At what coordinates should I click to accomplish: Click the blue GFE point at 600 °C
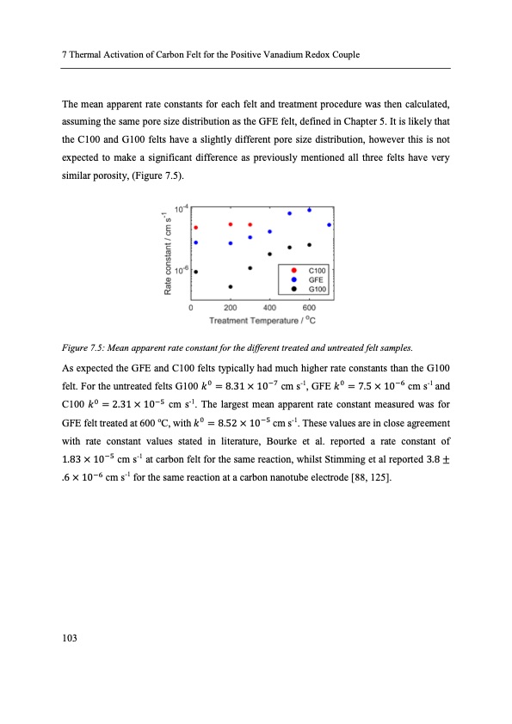pos(309,210)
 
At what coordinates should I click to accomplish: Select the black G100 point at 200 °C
pos(231,286)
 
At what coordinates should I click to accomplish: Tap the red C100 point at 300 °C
pos(250,224)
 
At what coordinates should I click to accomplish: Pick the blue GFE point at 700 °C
pos(329,224)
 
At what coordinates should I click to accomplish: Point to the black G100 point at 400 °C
pos(269,254)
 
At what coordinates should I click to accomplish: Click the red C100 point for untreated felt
pos(195,228)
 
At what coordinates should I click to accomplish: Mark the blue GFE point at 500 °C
pos(289,213)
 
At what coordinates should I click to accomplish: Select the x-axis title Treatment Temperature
pos(261,321)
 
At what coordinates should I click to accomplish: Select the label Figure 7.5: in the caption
pos(84,347)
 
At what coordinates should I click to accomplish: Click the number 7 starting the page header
pos(65,55)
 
